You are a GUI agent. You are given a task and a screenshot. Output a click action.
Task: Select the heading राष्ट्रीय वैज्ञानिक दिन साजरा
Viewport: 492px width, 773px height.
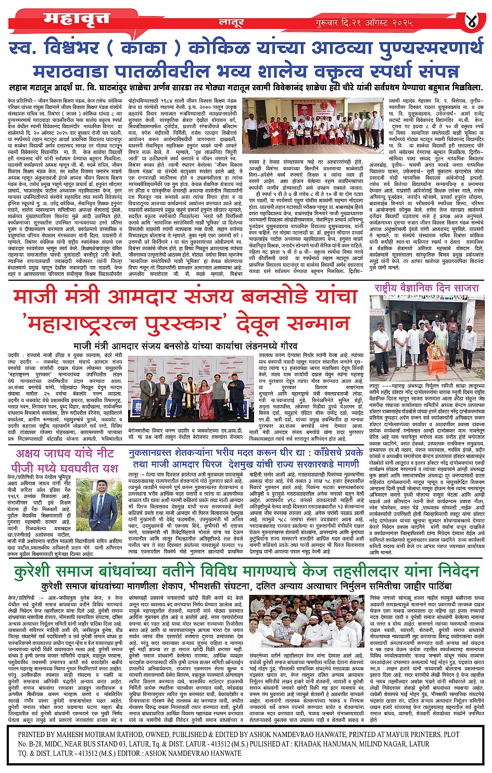click(x=426, y=288)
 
